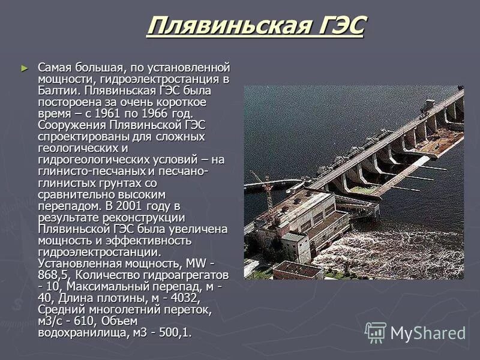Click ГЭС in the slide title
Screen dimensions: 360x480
340,27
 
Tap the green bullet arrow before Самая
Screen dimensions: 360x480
24,68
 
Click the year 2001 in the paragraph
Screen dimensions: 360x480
140,206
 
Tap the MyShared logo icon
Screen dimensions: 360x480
376,332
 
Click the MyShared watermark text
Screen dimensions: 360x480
428,333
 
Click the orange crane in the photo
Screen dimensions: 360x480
264,185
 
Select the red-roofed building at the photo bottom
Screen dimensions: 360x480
298,270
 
